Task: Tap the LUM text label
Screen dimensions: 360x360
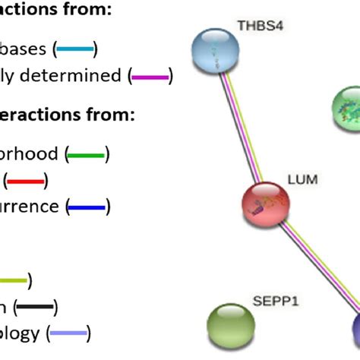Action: (302, 181)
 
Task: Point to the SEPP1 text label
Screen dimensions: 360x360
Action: (276, 302)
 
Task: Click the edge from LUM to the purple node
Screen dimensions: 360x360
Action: (311, 266)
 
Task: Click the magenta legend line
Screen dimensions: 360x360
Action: (150, 75)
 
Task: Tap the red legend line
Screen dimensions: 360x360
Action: (26, 180)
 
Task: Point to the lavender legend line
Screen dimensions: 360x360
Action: (69, 332)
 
